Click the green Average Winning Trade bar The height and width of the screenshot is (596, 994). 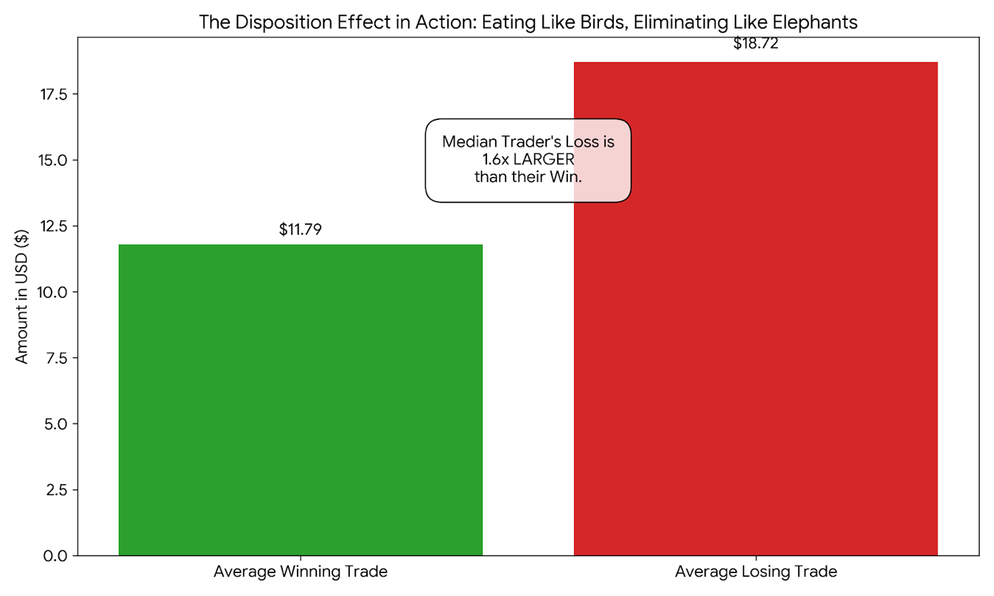(x=300, y=399)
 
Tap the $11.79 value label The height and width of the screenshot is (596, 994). (x=301, y=230)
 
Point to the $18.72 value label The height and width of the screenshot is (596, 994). (x=756, y=43)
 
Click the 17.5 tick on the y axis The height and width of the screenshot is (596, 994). (x=53, y=94)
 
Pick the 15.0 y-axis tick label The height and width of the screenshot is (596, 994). (x=53, y=161)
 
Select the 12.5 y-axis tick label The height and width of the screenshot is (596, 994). (x=53, y=226)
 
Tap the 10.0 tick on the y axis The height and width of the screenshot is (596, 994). (x=53, y=292)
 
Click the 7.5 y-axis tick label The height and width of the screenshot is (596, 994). (x=57, y=358)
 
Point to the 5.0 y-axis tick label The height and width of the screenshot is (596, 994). (x=57, y=424)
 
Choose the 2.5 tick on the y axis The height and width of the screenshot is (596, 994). (x=57, y=490)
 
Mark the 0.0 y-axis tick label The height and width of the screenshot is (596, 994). (x=57, y=555)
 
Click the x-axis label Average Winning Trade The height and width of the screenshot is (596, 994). (x=301, y=572)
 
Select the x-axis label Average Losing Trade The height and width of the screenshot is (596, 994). (x=756, y=572)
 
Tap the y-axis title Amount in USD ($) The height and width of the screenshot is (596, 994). (x=22, y=296)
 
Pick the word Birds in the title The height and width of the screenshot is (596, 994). (x=591, y=22)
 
